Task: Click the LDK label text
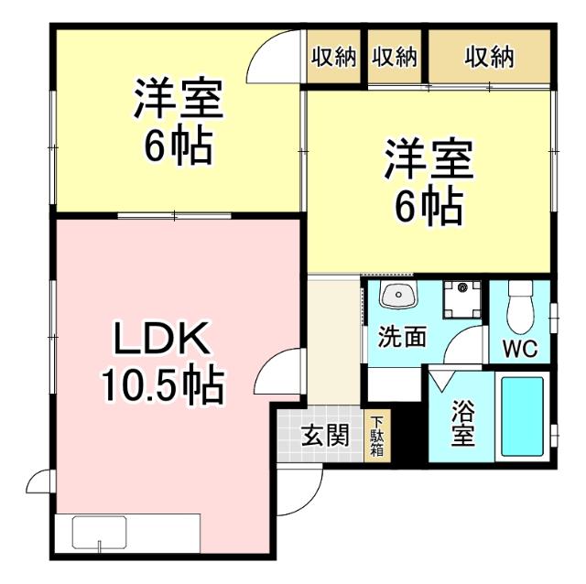(164, 341)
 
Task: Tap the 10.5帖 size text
(162, 385)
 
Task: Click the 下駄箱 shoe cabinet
(376, 436)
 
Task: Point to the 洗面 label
(403, 338)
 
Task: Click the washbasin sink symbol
(397, 297)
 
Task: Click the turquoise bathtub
(523, 416)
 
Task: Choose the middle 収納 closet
(395, 57)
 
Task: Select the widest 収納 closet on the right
(489, 57)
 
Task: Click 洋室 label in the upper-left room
(178, 100)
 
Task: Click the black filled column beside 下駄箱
(408, 433)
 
